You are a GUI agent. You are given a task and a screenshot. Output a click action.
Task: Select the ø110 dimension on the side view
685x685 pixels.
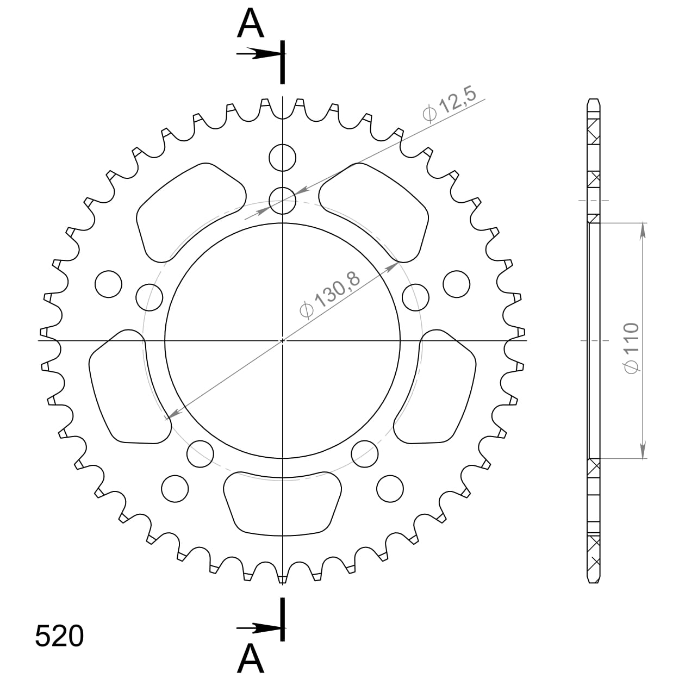(x=630, y=348)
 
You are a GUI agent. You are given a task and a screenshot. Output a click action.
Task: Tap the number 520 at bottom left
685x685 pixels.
(x=59, y=636)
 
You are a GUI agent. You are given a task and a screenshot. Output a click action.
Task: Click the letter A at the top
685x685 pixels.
(x=251, y=24)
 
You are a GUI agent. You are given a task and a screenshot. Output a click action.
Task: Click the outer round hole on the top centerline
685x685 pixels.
(x=283, y=158)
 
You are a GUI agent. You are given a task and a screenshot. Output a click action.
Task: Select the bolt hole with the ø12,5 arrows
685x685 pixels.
(x=283, y=201)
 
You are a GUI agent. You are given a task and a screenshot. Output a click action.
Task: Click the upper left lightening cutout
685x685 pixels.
(x=190, y=209)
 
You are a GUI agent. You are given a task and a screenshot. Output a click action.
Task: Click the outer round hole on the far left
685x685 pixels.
(x=108, y=283)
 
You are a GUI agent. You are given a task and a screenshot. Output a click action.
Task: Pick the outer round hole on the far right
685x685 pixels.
(x=457, y=283)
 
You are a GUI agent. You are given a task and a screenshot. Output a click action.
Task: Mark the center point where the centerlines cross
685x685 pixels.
(x=283, y=341)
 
